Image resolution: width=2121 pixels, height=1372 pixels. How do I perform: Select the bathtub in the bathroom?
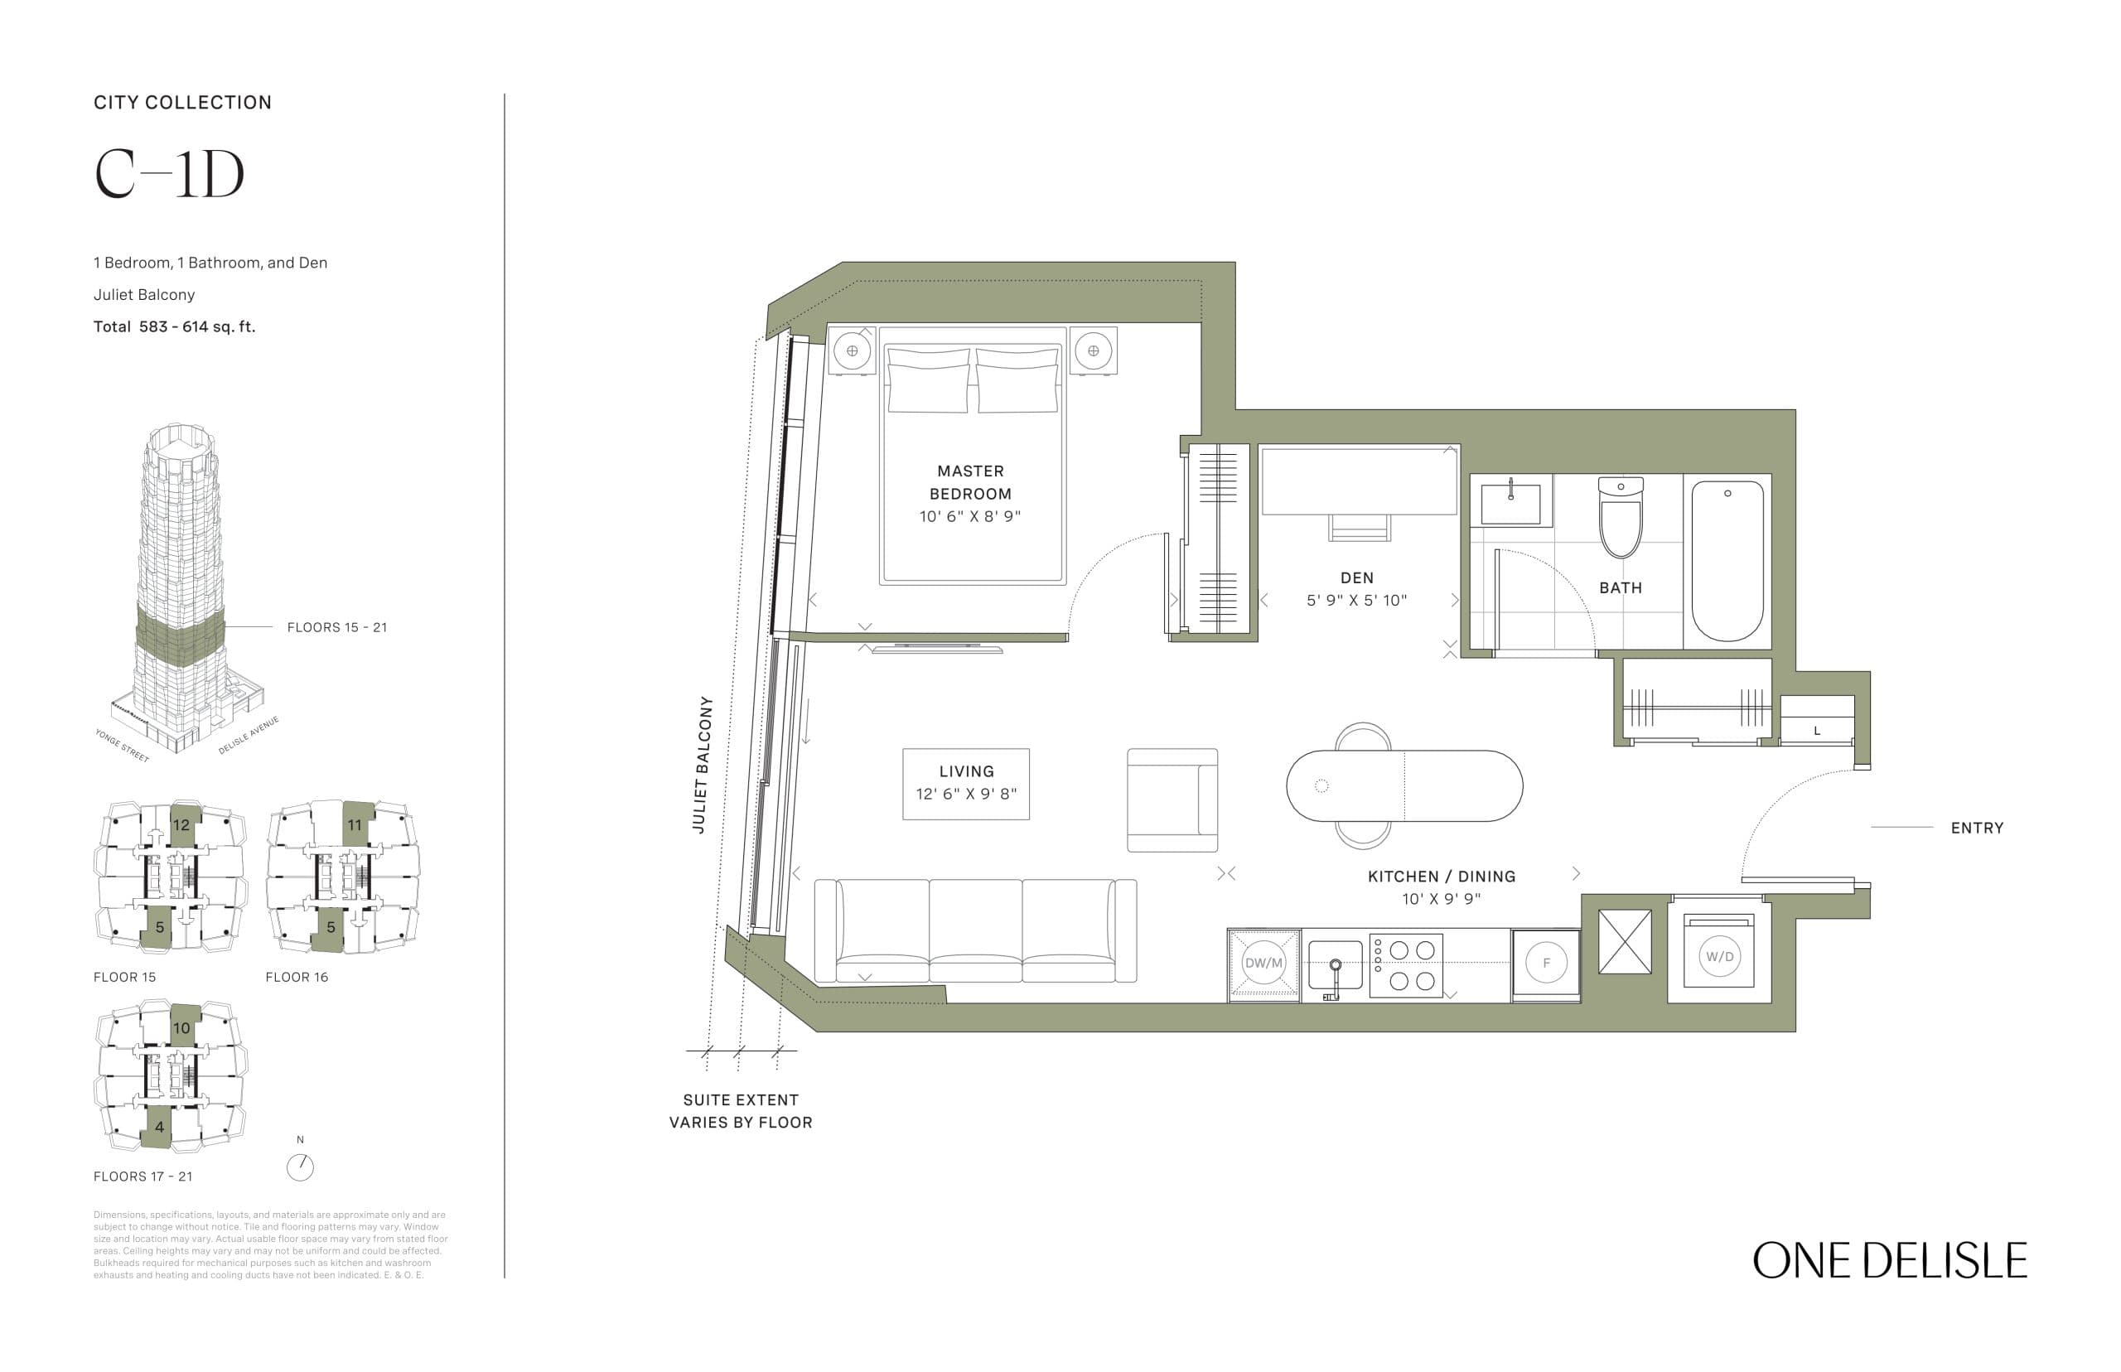click(1727, 560)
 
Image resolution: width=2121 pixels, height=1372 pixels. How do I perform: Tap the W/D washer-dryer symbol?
click(1718, 956)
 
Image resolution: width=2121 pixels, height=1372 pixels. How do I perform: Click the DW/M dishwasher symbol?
click(1263, 962)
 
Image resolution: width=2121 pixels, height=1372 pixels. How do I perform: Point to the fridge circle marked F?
click(1545, 962)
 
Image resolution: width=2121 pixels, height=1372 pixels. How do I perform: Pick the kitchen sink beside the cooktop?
click(1335, 964)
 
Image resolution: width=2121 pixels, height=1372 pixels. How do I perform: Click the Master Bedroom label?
click(970, 482)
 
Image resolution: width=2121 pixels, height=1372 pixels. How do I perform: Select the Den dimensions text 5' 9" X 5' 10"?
click(1355, 601)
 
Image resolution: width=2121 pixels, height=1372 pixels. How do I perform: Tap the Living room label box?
click(965, 783)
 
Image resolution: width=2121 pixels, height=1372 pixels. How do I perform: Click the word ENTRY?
click(1977, 828)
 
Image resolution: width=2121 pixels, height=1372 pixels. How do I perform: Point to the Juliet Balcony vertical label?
click(703, 765)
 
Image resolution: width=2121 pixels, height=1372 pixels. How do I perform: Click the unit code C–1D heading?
click(169, 175)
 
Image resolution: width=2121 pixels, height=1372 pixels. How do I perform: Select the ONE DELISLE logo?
click(1889, 1261)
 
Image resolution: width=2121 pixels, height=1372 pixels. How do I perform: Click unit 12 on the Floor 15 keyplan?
click(181, 825)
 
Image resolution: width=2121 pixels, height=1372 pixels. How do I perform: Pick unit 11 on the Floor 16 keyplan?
click(355, 824)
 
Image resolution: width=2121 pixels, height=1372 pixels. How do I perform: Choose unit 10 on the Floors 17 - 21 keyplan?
click(181, 1027)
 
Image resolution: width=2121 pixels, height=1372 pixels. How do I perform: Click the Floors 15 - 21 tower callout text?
click(336, 627)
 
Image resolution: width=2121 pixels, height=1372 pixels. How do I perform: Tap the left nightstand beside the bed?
click(852, 351)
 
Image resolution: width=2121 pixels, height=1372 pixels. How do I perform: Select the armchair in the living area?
click(1172, 800)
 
